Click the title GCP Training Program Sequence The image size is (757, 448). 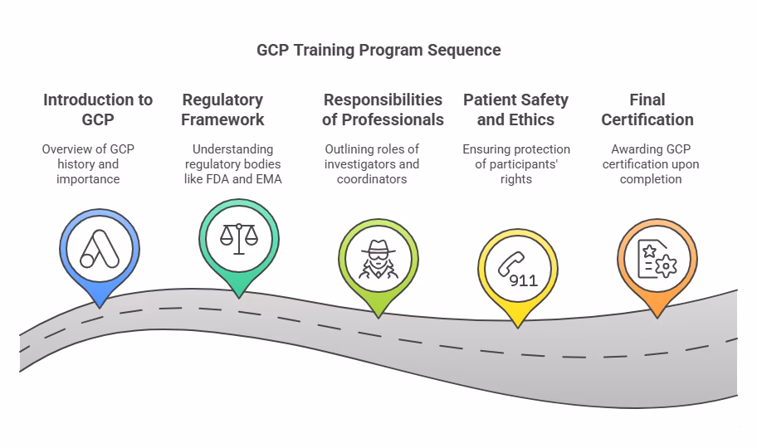click(378, 50)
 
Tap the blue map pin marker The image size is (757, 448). click(100, 250)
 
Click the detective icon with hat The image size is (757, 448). click(378, 257)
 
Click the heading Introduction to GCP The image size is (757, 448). click(98, 110)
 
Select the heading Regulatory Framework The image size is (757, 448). click(222, 110)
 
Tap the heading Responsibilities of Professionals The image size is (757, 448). click(383, 110)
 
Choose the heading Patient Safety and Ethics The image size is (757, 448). click(515, 110)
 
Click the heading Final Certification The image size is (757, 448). click(647, 110)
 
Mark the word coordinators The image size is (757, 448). click(372, 179)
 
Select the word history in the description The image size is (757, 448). click(76, 164)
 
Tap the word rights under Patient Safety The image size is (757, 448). click(516, 179)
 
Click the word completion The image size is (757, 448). click(651, 179)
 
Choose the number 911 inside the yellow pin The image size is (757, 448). click(524, 280)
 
